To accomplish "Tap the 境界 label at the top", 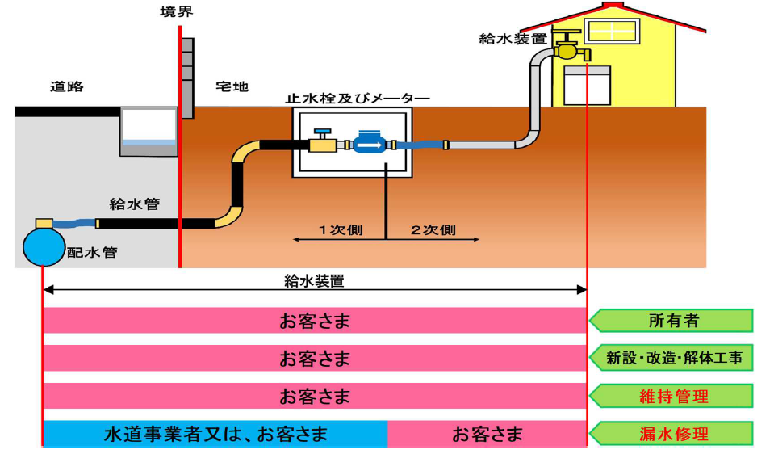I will [x=178, y=11].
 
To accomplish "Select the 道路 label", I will [x=66, y=86].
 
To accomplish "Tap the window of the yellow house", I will [x=612, y=31].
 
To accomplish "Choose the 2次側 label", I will [x=433, y=230].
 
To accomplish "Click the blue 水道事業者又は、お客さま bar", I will [x=215, y=434].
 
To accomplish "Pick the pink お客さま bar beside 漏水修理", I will [x=487, y=434].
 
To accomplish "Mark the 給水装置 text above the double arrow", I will [x=314, y=281].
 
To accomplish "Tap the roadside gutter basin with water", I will [x=148, y=130].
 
